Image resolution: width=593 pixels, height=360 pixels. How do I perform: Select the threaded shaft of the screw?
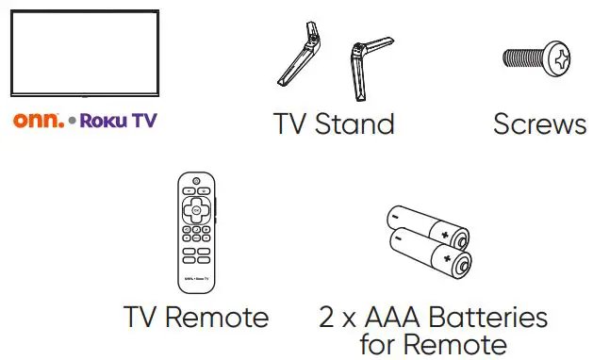(522, 59)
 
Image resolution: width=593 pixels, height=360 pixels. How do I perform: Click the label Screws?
(539, 123)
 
